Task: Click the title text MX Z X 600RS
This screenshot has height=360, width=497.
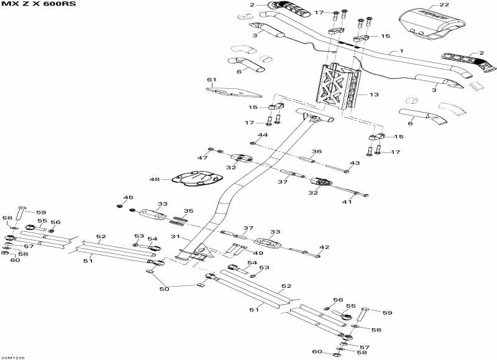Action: coord(39,5)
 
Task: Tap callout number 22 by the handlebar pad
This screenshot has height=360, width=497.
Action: coord(444,5)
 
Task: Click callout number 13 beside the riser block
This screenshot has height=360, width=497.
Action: coord(374,95)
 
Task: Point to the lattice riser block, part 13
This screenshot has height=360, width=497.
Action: coord(338,86)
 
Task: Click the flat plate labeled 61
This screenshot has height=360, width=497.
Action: coord(234,92)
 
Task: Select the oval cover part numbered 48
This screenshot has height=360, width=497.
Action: coord(197,179)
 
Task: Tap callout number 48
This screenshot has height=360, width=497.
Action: coord(155,180)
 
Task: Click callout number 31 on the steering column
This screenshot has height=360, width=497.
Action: coord(175,237)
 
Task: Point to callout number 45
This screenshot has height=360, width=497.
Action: coord(128,198)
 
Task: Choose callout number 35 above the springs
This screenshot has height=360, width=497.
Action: coord(189,211)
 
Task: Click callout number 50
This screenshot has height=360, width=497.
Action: coord(164,289)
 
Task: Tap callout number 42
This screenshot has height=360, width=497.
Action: coord(324,247)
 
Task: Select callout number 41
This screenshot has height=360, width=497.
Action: coord(347,201)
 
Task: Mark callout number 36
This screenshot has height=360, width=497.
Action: coord(317,152)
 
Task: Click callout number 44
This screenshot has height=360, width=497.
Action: coord(262,135)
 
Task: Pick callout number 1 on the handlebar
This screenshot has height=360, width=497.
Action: coord(401,51)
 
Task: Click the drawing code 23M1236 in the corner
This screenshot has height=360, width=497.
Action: coord(12,358)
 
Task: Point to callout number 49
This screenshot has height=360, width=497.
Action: coord(258,253)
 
